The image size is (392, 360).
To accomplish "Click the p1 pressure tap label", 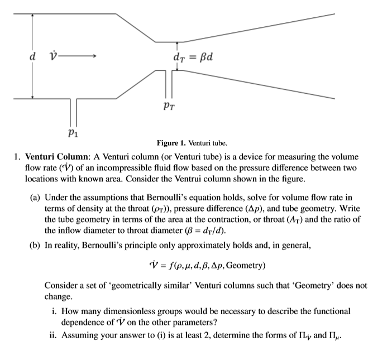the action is pyautogui.click(x=71, y=133).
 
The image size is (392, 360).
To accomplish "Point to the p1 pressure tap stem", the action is pyautogui.click(x=74, y=111).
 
